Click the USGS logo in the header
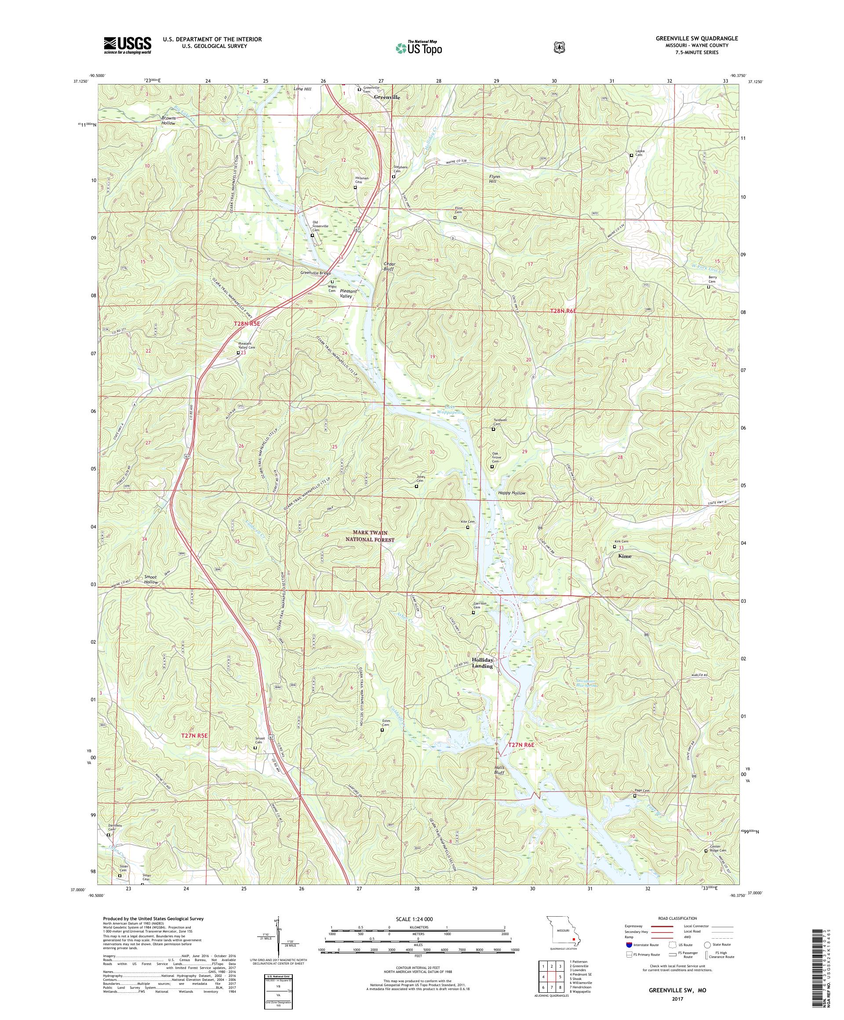point(127,46)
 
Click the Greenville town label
point(387,97)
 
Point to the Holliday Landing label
point(483,663)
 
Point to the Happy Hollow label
point(511,493)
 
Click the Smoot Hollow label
point(151,579)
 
